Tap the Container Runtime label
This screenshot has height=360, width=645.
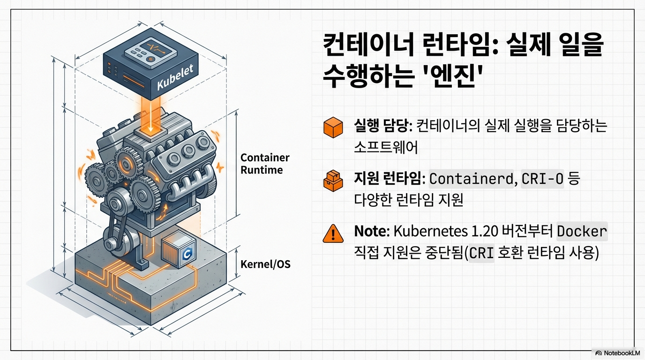(x=265, y=164)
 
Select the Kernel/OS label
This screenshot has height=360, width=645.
(x=265, y=264)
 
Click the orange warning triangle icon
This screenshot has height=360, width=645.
(x=333, y=233)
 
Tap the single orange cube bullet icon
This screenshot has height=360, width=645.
(x=333, y=128)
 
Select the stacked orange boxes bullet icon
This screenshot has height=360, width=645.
(x=333, y=180)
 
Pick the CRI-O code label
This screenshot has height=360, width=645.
(x=542, y=179)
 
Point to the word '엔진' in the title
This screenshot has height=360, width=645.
(x=452, y=75)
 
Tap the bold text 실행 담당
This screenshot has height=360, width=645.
(x=382, y=126)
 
